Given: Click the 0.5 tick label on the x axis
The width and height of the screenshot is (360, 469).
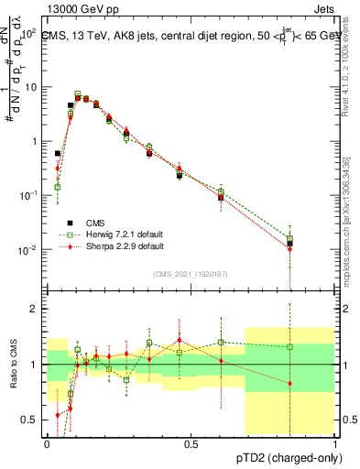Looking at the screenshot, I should pyautogui.click(x=191, y=443).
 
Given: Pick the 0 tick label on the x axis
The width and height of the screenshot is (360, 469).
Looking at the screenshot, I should pyautogui.click(x=47, y=443).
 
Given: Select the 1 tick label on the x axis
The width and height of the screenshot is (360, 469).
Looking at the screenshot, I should pyautogui.click(x=335, y=443).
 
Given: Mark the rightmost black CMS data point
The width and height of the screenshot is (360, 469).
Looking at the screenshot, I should pyautogui.click(x=290, y=243).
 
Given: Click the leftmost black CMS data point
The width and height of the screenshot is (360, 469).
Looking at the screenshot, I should pyautogui.click(x=58, y=154).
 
